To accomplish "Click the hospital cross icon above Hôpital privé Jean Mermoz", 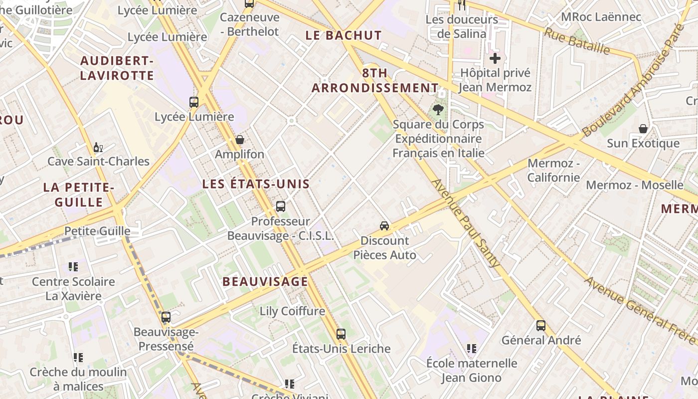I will (x=495, y=59).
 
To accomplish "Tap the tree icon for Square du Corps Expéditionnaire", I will (x=438, y=109).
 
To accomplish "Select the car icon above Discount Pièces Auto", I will (x=384, y=225).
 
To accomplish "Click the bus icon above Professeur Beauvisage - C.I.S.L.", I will (x=281, y=206).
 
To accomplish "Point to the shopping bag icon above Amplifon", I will (x=240, y=140).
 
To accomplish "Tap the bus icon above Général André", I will (x=541, y=326).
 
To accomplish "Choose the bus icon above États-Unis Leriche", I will (x=341, y=334).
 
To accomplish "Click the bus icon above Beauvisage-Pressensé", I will (x=166, y=317).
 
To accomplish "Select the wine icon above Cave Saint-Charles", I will (x=98, y=147).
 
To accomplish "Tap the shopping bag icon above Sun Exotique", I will (x=643, y=129).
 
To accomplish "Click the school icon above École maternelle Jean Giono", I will (x=471, y=348).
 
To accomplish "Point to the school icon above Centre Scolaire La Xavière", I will (x=73, y=267).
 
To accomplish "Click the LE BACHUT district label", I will (x=344, y=35).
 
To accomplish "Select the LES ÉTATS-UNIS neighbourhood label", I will (x=256, y=184).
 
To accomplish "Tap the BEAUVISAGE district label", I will (x=265, y=281).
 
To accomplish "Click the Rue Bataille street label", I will (x=577, y=41).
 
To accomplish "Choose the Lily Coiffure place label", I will (x=292, y=311).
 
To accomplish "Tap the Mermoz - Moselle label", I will (x=634, y=185).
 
